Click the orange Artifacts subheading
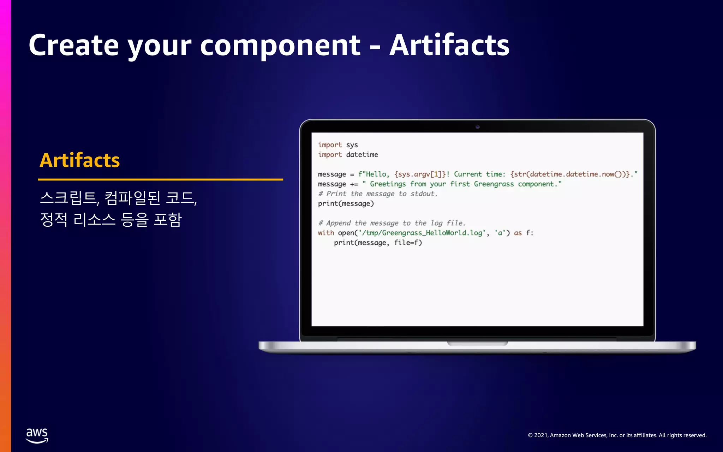point(80,160)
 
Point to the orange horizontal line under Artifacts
point(160,179)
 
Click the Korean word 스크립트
point(69,198)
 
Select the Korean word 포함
point(168,220)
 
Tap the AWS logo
point(37,435)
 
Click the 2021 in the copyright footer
point(541,435)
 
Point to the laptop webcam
point(477,127)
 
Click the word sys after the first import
point(352,145)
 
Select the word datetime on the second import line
point(362,155)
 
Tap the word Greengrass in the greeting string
point(494,184)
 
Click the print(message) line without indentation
point(346,203)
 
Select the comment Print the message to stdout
point(378,194)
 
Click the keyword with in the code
point(325,233)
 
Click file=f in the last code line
point(408,243)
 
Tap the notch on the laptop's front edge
point(477,343)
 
